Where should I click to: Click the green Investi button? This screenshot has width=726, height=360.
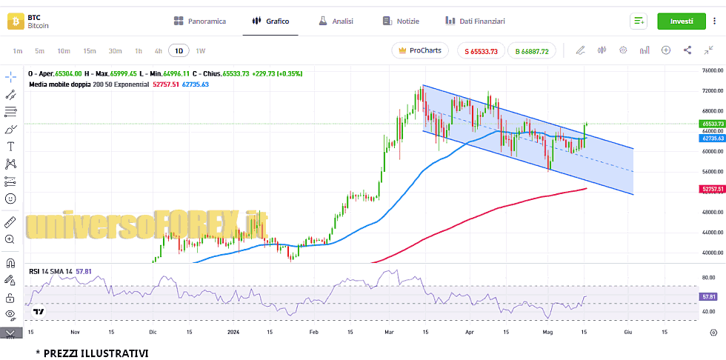682,21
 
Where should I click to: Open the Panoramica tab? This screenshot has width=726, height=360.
199,21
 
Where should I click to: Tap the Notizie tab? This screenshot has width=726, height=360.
401,21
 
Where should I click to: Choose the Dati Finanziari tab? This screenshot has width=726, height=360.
475,21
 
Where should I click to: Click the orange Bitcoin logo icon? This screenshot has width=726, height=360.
16,21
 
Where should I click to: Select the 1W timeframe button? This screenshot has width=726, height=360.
201,51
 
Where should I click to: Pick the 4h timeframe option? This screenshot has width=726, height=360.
158,51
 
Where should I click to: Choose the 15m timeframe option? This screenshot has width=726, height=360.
90,51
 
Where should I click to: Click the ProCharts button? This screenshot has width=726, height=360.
420,50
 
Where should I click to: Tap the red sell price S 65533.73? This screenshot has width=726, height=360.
482,51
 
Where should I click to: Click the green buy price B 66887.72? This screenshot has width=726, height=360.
532,51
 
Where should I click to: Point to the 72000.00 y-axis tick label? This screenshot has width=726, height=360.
712,90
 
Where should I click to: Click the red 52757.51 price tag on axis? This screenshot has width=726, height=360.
712,189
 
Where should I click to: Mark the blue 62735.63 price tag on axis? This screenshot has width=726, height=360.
712,139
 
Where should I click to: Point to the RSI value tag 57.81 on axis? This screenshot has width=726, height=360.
708,296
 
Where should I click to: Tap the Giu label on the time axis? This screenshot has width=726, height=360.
627,333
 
